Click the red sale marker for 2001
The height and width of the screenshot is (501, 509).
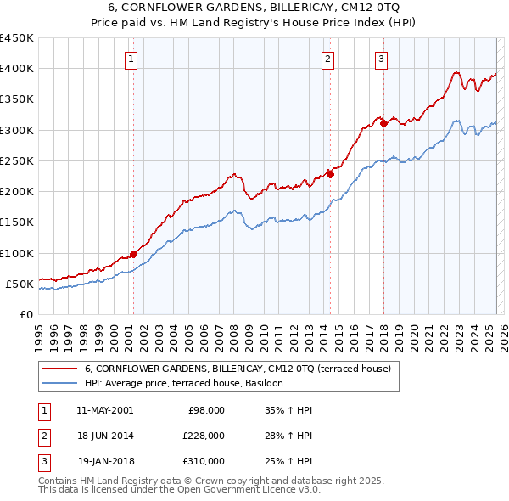[134, 253]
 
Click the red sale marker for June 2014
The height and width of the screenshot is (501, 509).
[330, 174]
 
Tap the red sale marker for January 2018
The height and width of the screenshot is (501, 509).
[383, 123]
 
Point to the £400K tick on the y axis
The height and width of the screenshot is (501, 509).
[17, 69]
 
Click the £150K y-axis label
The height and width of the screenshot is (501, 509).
[17, 222]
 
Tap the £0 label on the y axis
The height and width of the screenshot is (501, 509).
[25, 315]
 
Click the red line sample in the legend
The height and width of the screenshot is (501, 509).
[59, 369]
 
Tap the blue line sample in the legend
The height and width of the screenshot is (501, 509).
[59, 384]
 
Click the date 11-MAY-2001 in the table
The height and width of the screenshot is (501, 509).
[104, 410]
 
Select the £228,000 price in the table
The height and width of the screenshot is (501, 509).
[204, 436]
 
